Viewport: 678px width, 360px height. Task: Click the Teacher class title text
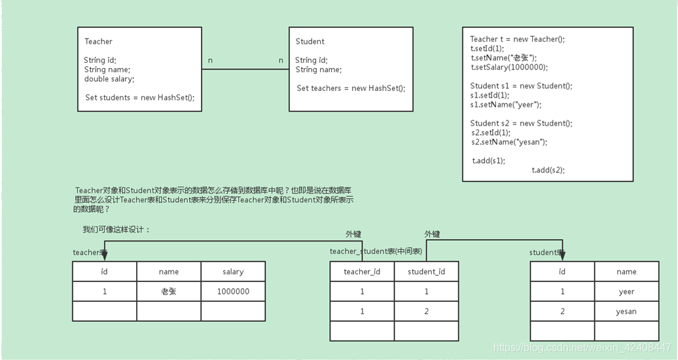98,41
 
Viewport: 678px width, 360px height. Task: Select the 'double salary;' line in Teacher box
109,79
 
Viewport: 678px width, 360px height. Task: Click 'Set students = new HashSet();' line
140,98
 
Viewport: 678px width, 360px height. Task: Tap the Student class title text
310,41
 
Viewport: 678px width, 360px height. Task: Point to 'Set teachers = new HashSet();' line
351,88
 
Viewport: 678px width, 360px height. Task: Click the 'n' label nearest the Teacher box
210,60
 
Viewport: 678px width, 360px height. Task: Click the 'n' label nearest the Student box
281,60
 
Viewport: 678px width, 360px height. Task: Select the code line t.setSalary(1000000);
509,67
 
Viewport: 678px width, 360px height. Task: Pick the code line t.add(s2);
548,170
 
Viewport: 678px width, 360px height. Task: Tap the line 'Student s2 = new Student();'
521,123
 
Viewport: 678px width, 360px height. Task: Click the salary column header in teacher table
233,272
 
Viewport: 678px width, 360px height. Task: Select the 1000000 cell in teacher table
233,292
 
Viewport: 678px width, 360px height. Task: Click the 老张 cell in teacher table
168,292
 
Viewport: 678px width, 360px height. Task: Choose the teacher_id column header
362,272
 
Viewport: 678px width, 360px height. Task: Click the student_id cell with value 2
426,312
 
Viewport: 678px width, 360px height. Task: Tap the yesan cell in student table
626,312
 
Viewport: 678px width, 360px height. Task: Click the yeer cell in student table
626,292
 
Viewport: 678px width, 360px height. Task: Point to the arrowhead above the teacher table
104,256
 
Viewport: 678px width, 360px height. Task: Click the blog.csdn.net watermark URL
582,348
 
